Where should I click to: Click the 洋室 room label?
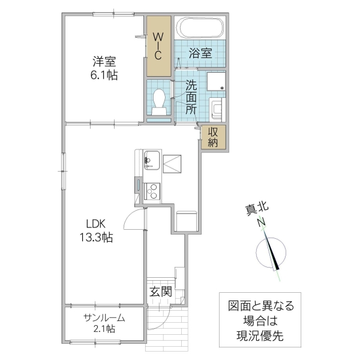coord(104,61)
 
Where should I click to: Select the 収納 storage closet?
coord(214,137)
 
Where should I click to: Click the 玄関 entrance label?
coord(161,292)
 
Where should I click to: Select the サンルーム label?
coord(104,317)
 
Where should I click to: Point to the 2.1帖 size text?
coord(104,329)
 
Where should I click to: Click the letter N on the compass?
coord(262,223)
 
